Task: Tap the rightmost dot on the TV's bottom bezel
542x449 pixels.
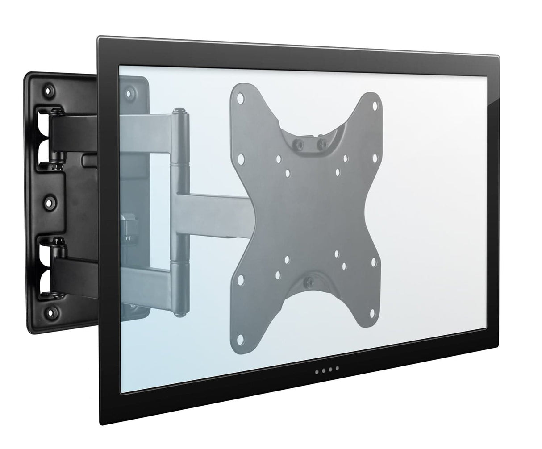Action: (337, 368)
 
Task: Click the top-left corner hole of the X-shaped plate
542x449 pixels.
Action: (240, 96)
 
